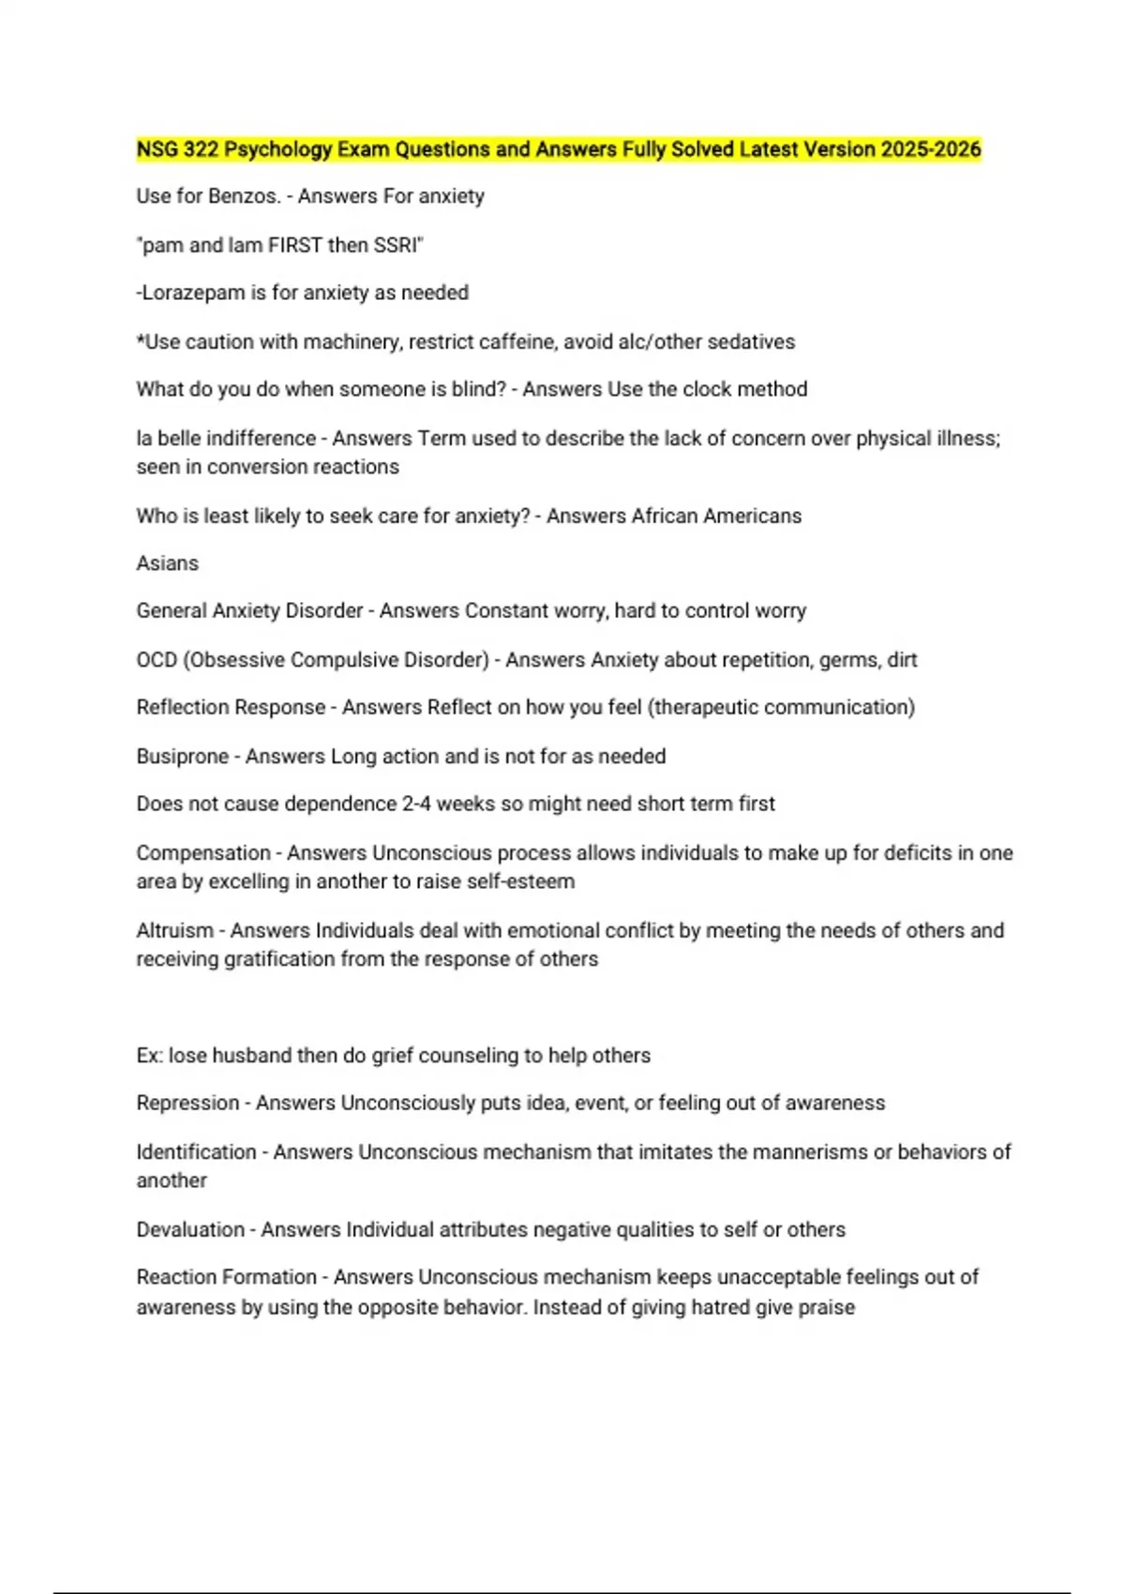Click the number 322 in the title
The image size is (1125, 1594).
pos(201,149)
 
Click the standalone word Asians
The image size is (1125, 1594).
pos(168,564)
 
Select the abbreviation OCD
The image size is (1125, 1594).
pos(157,660)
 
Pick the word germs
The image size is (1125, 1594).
pos(849,660)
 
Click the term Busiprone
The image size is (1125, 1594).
pos(182,757)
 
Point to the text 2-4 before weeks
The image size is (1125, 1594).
pos(416,804)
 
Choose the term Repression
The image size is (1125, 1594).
pos(187,1103)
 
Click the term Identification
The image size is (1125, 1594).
pos(196,1151)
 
